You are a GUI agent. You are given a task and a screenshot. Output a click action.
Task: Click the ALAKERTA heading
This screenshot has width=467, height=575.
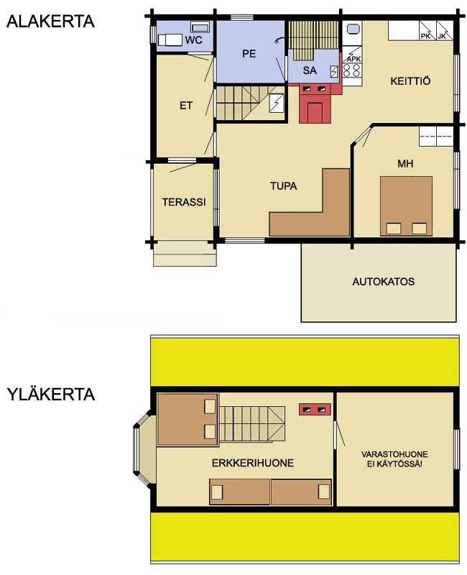[x=50, y=22]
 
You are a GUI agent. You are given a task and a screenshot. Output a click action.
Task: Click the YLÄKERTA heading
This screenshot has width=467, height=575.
[x=51, y=394]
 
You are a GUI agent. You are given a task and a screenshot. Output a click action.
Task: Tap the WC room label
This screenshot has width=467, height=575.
[x=193, y=40]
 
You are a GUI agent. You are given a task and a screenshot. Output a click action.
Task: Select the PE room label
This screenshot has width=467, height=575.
[x=249, y=53]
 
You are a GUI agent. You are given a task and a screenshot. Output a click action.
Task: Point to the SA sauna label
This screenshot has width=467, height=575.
[x=310, y=70]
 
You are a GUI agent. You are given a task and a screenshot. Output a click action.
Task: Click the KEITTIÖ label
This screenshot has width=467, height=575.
[x=410, y=80]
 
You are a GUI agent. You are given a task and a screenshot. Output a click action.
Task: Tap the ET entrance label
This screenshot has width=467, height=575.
[x=186, y=106]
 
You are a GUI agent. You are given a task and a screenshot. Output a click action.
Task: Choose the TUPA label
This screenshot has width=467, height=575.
[x=284, y=186]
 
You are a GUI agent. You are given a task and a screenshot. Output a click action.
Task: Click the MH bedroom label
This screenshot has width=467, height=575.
[x=405, y=163]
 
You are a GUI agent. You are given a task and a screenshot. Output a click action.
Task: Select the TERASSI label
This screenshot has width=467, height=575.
[x=184, y=202]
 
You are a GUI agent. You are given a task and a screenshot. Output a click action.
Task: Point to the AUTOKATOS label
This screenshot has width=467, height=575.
[x=384, y=282]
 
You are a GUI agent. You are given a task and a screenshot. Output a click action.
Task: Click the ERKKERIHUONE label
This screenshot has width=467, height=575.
[x=253, y=463]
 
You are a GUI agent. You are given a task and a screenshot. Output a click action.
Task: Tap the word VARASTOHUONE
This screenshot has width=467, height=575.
[x=394, y=454]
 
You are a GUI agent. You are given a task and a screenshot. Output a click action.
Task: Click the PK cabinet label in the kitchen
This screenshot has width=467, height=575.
[x=425, y=36]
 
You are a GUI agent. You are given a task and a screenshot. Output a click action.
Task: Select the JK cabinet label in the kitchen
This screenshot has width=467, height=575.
[x=442, y=36]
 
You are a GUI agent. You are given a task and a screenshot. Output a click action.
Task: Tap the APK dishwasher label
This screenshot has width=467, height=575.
[x=353, y=59]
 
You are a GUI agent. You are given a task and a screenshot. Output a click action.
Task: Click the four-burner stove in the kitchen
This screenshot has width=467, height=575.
[x=352, y=70]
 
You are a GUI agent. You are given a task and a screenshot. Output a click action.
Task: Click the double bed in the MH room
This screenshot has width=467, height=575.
[x=406, y=206]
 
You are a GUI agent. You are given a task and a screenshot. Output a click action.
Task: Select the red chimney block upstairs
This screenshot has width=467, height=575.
[x=315, y=409]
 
